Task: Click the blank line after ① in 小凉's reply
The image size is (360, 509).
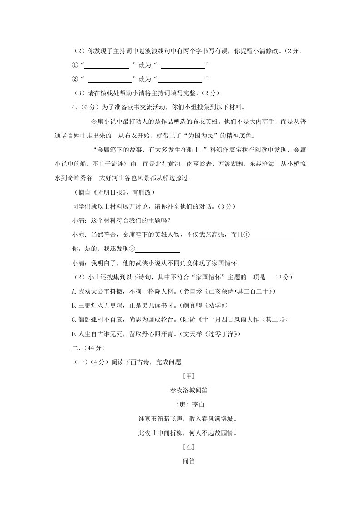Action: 272,236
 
